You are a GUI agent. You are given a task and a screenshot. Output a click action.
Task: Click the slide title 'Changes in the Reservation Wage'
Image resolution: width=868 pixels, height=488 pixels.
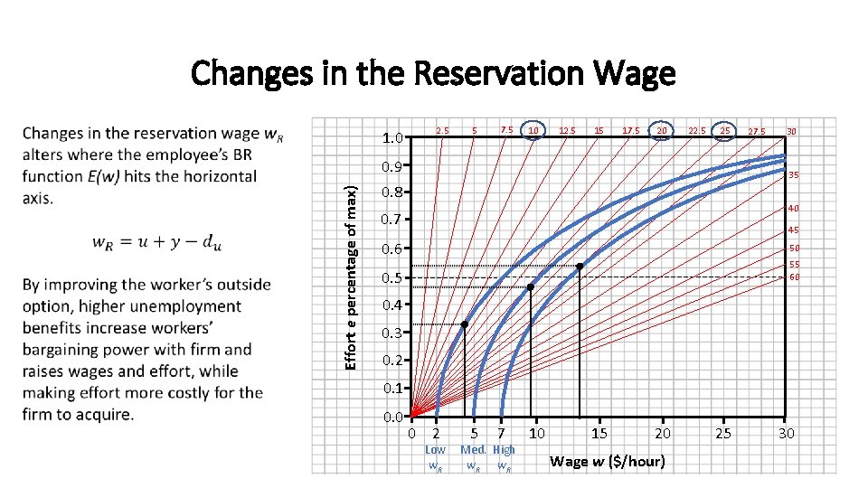[x=433, y=72]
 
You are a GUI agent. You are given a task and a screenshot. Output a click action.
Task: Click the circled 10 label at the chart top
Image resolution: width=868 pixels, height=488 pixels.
[x=534, y=131]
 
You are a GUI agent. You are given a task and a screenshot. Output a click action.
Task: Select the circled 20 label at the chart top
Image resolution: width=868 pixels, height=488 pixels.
[x=662, y=131]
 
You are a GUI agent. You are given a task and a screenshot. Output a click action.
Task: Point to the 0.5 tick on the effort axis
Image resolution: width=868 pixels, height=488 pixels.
[x=392, y=277]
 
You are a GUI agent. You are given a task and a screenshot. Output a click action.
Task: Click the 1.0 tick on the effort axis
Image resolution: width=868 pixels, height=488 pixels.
[x=392, y=139]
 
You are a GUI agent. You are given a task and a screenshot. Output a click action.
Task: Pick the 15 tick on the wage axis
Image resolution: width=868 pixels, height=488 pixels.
[x=599, y=435]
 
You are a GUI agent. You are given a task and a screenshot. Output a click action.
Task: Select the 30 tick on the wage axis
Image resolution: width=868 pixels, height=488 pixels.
[x=787, y=435]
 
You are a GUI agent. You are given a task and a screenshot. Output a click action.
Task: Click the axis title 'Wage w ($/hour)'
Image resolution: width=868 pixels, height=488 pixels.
[x=607, y=462]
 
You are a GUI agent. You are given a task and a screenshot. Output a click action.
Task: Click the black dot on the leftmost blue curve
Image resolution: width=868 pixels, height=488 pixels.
[x=464, y=324]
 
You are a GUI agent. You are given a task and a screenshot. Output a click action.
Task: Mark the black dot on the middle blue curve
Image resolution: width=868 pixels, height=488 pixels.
[x=531, y=287]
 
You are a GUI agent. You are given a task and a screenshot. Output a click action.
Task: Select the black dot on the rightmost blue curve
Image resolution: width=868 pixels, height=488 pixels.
[x=580, y=266]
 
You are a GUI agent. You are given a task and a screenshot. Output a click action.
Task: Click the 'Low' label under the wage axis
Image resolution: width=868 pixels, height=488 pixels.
[x=435, y=450]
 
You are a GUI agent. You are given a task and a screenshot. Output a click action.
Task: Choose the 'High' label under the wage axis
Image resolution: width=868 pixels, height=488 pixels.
[x=505, y=450]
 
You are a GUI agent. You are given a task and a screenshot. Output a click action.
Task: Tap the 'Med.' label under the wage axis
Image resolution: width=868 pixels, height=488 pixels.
[x=474, y=450]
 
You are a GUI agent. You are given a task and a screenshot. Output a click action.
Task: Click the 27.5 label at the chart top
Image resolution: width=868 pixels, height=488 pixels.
[x=756, y=132]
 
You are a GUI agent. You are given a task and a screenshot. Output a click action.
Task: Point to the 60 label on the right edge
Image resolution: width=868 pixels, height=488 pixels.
[x=795, y=277]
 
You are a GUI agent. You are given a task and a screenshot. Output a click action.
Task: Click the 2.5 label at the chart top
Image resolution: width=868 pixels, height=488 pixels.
[x=443, y=131]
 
